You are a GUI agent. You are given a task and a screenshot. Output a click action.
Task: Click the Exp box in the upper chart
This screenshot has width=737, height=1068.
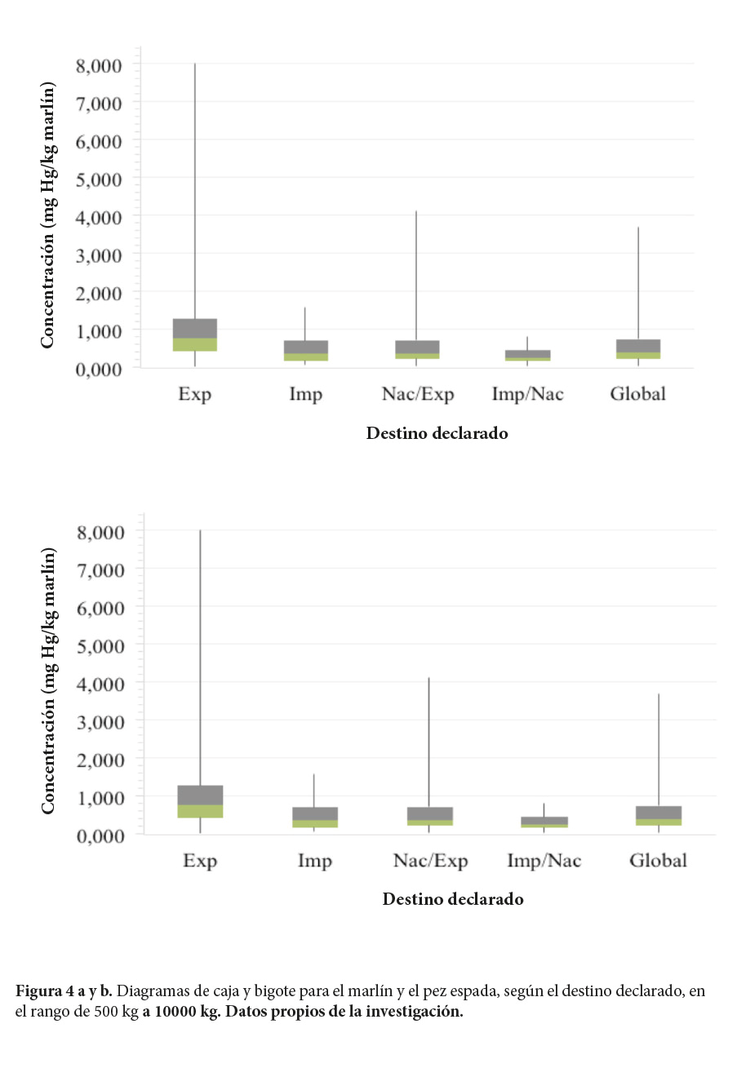[x=194, y=335]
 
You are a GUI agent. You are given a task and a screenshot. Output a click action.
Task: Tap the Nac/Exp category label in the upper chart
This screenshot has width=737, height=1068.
[x=417, y=395]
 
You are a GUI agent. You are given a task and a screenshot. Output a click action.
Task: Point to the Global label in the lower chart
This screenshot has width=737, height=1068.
[x=658, y=861]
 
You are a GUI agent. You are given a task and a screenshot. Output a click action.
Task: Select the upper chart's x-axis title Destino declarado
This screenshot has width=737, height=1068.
[x=437, y=433]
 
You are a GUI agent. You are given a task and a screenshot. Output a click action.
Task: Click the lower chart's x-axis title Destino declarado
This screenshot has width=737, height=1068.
[x=452, y=900]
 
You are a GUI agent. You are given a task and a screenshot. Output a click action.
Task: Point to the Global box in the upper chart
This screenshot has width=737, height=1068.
[x=637, y=348]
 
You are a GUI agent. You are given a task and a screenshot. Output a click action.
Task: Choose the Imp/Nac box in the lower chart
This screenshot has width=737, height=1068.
[x=544, y=822]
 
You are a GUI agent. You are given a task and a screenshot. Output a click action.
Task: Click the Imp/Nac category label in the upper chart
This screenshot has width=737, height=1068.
[x=527, y=395]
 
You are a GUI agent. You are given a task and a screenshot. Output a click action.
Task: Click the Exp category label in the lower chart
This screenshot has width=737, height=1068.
[x=200, y=861]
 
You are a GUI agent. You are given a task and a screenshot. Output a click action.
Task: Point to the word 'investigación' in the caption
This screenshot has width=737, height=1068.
[x=415, y=1013]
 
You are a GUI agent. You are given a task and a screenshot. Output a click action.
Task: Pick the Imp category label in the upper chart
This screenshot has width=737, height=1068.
[x=305, y=395]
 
